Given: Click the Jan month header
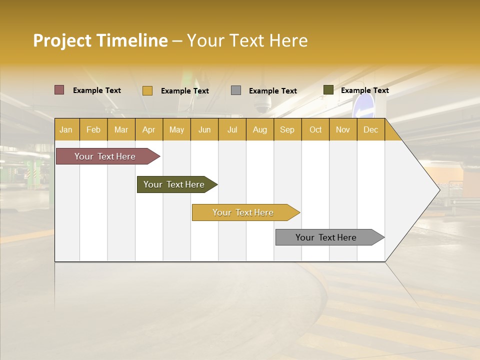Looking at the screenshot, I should coord(66,129).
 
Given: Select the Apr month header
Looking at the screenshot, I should coord(149,129).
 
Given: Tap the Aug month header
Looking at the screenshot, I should coord(260,129).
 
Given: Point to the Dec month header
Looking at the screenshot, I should coord(370,129).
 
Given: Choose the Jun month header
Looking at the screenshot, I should coord(204,129).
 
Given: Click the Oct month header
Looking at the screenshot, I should coord(315,129).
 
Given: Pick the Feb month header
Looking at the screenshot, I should coord(93,129).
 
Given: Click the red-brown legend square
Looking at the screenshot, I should coord(59,90).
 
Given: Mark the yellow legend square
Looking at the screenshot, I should coord(147,90).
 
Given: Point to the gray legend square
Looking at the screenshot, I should coord(236,90).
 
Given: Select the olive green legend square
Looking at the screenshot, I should coord(328,90).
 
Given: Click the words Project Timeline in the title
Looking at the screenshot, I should coord(100,40).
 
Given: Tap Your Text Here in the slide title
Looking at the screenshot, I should coord(247,40).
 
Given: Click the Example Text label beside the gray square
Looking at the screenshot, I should coord(272,91).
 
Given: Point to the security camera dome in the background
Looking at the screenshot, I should coord(261,104).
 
